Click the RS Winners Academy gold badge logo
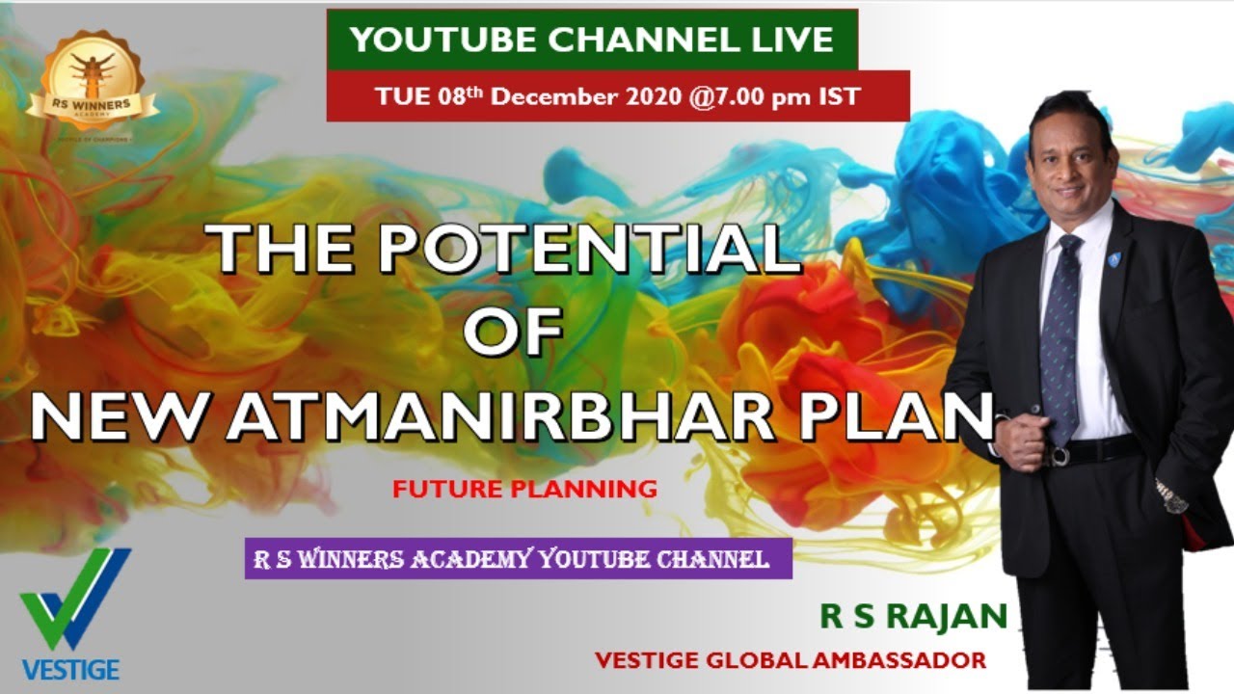tap(93, 84)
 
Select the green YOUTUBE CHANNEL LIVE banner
tap(591, 40)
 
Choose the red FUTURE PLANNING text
tap(524, 489)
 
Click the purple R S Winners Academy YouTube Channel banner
tap(518, 559)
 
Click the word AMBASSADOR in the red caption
tap(899, 661)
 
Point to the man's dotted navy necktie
tap(1061, 337)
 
